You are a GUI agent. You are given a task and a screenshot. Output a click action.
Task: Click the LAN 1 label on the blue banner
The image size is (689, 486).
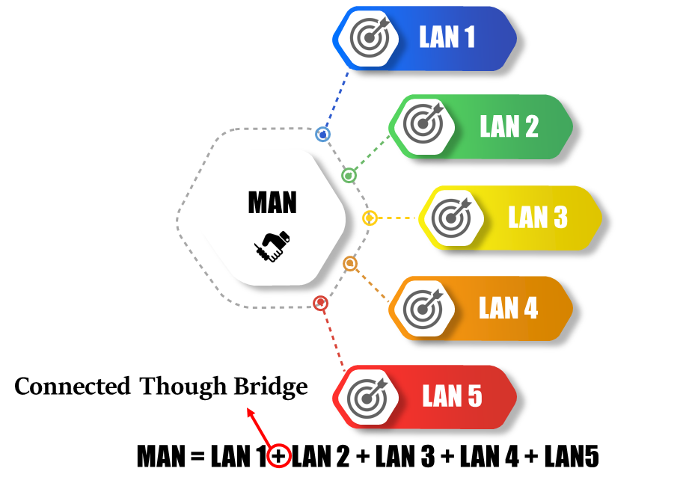[x=447, y=38]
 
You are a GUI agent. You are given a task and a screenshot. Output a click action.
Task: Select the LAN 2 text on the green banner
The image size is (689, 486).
[x=509, y=126]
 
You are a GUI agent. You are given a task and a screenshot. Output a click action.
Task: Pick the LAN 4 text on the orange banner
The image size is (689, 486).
[x=508, y=308]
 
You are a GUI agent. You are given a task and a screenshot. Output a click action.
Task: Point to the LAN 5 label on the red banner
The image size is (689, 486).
[x=452, y=396]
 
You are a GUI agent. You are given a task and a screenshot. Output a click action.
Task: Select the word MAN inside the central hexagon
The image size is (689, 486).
[x=272, y=203]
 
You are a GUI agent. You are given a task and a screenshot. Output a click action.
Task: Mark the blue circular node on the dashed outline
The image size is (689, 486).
[x=322, y=135]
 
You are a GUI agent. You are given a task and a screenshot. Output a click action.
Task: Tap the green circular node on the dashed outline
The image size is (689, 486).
[x=349, y=176]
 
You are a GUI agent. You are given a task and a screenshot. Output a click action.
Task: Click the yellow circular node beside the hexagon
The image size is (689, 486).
[x=369, y=218]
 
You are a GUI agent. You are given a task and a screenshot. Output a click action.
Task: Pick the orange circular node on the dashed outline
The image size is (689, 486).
[x=349, y=263]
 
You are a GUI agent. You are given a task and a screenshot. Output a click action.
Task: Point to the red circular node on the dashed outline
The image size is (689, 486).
[x=320, y=303]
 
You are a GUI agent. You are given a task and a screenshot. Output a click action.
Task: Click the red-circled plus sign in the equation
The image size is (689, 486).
[x=279, y=455]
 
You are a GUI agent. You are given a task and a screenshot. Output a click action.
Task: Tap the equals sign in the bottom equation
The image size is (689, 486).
[x=197, y=457]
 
